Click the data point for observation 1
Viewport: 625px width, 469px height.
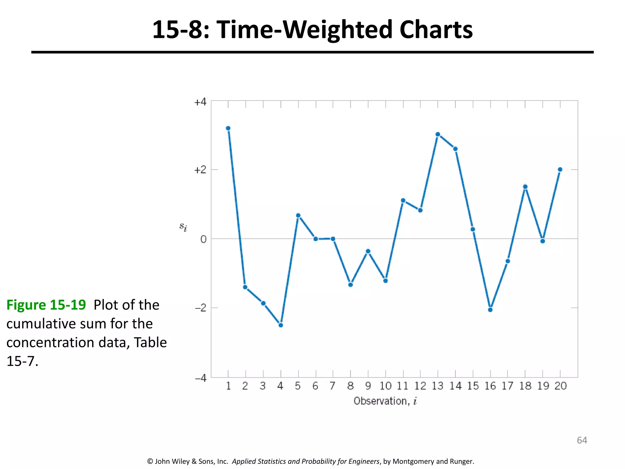pyautogui.click(x=228, y=128)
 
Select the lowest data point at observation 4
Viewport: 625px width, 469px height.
pyautogui.click(x=281, y=325)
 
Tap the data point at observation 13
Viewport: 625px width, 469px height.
pyautogui.click(x=438, y=134)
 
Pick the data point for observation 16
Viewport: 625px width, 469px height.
pyautogui.click(x=490, y=310)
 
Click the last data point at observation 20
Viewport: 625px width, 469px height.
pyautogui.click(x=560, y=169)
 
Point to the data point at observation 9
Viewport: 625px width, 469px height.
pyautogui.click(x=368, y=251)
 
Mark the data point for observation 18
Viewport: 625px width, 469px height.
pyautogui.click(x=525, y=187)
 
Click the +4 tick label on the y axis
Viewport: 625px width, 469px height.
pyautogui.click(x=200, y=102)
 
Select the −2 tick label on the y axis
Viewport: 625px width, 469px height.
pyautogui.click(x=201, y=308)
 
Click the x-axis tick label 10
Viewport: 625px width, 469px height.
pyautogui.click(x=385, y=386)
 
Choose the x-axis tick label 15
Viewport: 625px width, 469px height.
pyautogui.click(x=473, y=386)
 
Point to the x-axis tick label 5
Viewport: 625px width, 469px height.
pyautogui.click(x=298, y=386)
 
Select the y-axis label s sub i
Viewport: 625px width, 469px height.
pyautogui.click(x=183, y=227)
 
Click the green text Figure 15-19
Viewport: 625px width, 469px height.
pyautogui.click(x=46, y=305)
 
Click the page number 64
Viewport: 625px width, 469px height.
pyautogui.click(x=582, y=440)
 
